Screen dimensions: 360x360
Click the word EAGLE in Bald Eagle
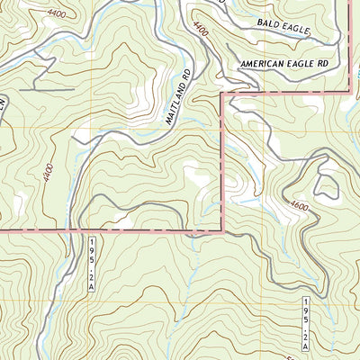(294, 31)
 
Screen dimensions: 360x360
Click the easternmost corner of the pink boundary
(348, 90)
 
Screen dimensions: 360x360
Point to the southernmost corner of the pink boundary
(221, 230)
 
